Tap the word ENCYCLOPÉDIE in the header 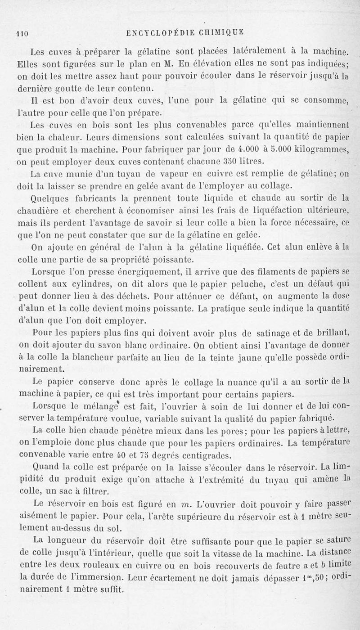(x=160, y=32)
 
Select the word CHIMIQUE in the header (x=220, y=32)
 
